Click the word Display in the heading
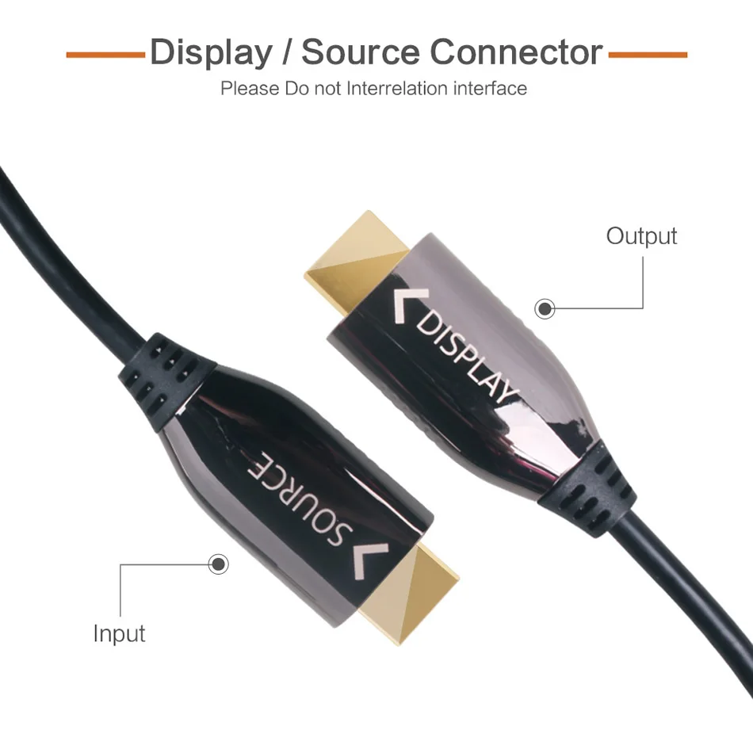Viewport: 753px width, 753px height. point(209,52)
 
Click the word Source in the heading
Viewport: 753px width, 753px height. point(361,52)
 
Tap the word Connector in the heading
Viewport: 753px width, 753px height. point(517,52)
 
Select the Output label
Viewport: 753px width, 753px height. point(641,235)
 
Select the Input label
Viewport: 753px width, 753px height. point(119,633)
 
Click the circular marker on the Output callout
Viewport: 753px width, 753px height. point(545,308)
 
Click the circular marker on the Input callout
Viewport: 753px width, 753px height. point(217,564)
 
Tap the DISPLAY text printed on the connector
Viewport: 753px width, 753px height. point(467,356)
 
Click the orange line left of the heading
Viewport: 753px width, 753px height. point(105,55)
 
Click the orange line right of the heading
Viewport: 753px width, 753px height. point(648,55)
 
